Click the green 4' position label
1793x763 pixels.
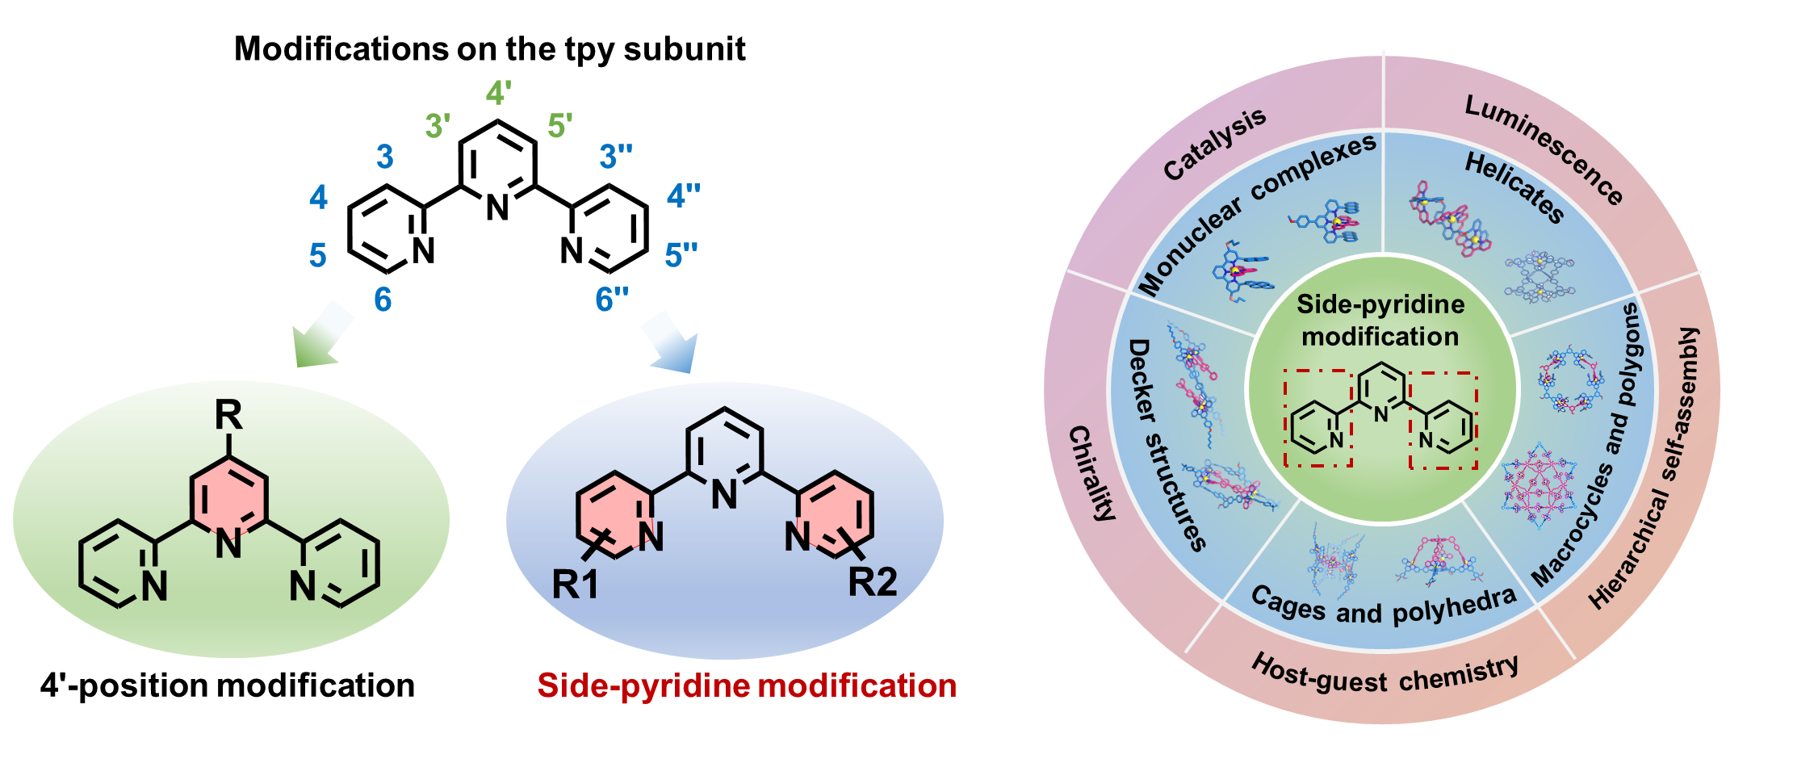(498, 94)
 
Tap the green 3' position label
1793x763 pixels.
(438, 127)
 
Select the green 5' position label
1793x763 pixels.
(559, 127)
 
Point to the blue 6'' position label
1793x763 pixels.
(612, 300)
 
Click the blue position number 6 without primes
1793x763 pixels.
(383, 300)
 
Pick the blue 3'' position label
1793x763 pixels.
(615, 157)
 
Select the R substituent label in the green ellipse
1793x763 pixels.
(228, 417)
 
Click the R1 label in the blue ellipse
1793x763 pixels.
(576, 585)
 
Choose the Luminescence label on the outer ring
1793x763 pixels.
(1543, 150)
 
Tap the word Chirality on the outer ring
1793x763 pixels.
(1091, 473)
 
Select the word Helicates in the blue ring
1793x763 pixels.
(1514, 187)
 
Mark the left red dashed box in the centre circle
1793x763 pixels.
(1318, 418)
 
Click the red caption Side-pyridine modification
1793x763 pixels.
(747, 686)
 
